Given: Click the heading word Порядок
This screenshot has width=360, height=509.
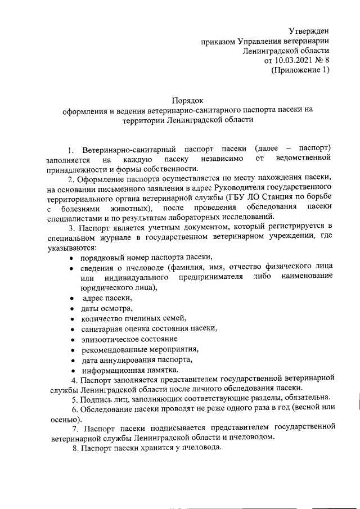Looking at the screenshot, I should click(187, 100).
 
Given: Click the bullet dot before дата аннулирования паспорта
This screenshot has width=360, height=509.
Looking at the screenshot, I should click(73, 360).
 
